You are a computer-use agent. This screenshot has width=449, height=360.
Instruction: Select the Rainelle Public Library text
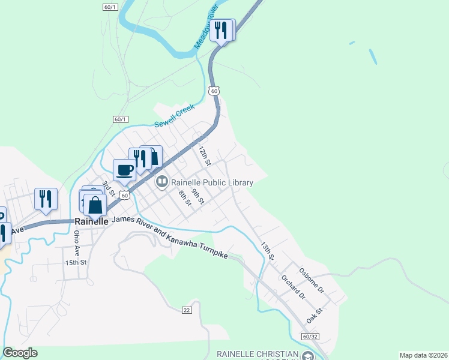tap(212, 182)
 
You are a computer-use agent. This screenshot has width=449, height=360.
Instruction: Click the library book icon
tap(162, 182)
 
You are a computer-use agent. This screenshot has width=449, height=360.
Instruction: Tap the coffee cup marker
tap(125, 170)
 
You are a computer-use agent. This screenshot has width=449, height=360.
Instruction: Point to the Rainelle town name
tap(91, 221)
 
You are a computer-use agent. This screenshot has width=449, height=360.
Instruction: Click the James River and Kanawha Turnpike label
tap(170, 238)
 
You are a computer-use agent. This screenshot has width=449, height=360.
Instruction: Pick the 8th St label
tap(184, 199)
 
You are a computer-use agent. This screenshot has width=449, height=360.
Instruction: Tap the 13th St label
tap(267, 251)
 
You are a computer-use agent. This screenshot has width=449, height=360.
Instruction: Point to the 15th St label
tap(76, 263)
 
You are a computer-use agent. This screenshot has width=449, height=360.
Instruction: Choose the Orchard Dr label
tap(294, 287)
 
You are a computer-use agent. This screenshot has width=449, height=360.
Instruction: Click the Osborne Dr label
tap(311, 280)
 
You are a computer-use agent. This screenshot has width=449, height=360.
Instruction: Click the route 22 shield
tap(187, 310)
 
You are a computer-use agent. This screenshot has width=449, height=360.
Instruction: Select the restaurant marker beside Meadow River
tap(222, 30)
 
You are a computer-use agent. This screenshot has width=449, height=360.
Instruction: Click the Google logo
tap(20, 353)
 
